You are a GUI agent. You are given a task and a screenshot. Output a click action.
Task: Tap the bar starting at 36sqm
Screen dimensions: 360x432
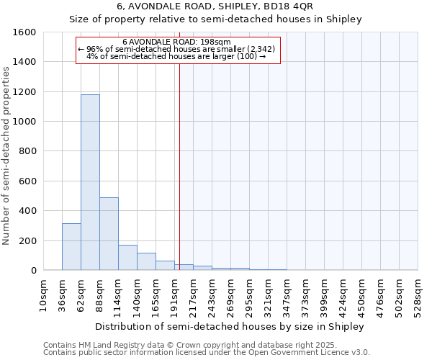tap(71, 247)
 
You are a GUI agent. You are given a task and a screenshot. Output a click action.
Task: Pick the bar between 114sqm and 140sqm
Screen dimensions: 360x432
tap(127, 258)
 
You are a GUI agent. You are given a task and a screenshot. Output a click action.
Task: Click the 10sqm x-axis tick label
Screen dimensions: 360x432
tap(43, 294)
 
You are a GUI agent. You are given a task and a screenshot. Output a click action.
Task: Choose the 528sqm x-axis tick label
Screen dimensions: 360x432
tap(418, 294)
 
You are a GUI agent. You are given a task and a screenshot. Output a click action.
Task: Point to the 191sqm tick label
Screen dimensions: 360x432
tap(174, 294)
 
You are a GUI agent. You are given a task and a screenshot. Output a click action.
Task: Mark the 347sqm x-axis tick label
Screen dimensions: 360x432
tap(287, 294)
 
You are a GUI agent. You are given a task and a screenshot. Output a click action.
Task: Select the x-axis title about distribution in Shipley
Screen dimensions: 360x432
tap(230, 326)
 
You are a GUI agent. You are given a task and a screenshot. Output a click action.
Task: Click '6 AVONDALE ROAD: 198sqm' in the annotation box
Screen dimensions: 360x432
tap(176, 42)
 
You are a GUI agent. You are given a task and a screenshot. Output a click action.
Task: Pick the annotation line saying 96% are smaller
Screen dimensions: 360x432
tap(176, 49)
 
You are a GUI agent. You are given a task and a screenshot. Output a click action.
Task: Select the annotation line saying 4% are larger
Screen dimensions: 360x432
tap(176, 56)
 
